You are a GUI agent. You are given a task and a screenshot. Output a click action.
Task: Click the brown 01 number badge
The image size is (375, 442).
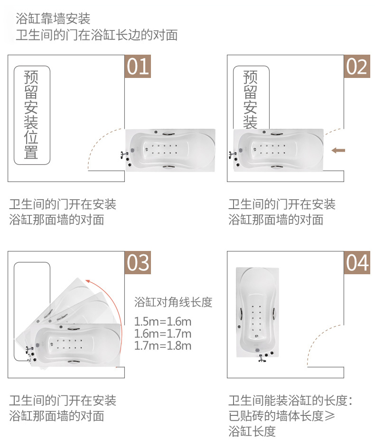point(138,66)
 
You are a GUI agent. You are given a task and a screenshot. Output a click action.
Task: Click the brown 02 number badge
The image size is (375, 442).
point(357,66)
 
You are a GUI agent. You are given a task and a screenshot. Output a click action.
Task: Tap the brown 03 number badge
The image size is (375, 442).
point(138,262)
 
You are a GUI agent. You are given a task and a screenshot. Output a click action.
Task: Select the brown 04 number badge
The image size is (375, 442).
point(357,262)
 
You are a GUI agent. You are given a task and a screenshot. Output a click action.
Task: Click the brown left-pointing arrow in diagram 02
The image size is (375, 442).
point(338,150)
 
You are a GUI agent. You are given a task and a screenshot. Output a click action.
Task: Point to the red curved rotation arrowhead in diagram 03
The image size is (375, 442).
point(88,281)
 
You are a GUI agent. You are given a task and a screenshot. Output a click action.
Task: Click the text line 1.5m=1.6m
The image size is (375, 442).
point(163,321)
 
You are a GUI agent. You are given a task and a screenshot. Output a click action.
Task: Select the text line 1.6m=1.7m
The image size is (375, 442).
point(163,334)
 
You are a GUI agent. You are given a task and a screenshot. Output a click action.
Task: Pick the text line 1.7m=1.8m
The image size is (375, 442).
point(163,346)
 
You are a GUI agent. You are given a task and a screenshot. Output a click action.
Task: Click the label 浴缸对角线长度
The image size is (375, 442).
point(173,302)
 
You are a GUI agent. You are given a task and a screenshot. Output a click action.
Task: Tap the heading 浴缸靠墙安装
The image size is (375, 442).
point(53,19)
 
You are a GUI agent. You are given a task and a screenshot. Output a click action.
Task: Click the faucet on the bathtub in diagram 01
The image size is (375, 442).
point(124,154)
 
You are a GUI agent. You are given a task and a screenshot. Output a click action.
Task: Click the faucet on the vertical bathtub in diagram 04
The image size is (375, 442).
point(262,359)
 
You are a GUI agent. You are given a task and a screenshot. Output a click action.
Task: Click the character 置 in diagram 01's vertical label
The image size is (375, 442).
point(31,152)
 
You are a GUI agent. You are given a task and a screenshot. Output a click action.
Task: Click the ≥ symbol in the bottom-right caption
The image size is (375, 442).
point(330,416)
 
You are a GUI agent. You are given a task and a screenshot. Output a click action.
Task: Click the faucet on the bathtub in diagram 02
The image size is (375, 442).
point(232,154)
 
